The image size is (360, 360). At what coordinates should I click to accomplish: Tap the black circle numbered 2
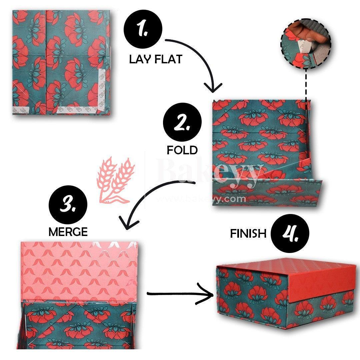coord(182,124)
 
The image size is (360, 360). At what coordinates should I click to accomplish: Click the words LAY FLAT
coord(156,59)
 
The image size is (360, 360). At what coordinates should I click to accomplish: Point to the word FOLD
coord(182,150)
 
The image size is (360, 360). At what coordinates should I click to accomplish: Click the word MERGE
coord(68,232)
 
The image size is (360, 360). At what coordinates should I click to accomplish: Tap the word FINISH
coord(248,233)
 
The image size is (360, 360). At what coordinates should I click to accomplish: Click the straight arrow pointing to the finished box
coord(180,294)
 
